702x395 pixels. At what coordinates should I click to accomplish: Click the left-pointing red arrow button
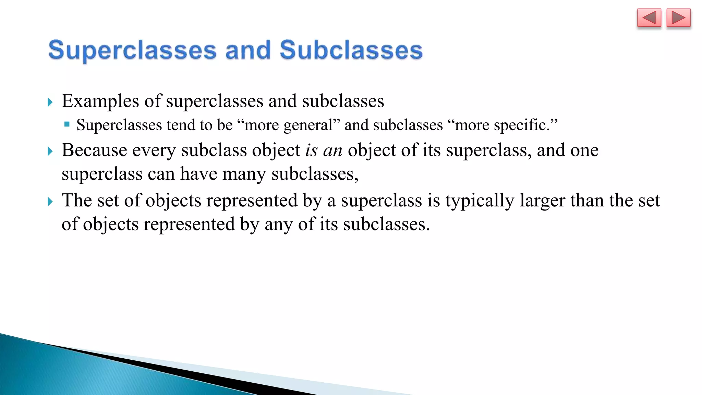click(649, 18)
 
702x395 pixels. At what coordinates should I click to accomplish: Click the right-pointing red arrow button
click(678, 18)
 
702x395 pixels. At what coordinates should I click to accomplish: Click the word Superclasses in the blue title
click(132, 50)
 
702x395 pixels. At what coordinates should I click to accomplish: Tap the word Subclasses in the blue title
click(351, 50)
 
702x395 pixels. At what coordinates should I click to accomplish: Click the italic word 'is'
click(311, 150)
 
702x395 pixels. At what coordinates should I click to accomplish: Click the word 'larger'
click(542, 201)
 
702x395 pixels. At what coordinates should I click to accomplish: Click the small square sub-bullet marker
click(67, 124)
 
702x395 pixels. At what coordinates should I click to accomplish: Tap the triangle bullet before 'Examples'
click(50, 102)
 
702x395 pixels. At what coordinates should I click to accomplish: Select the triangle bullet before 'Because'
click(50, 151)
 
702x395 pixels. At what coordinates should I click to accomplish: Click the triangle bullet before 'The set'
click(50, 202)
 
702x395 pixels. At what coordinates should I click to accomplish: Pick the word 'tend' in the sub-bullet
click(180, 125)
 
